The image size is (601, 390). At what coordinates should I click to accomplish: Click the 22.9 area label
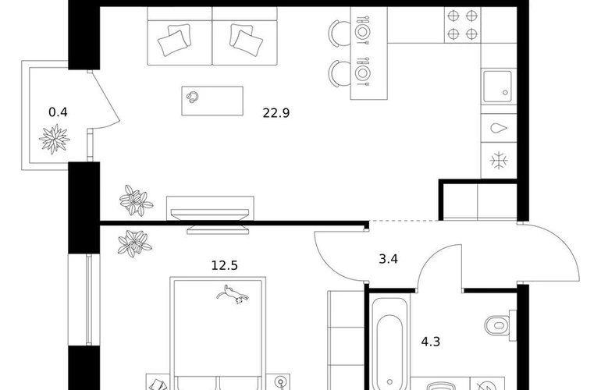click(276, 113)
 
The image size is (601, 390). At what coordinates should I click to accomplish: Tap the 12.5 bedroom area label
click(225, 265)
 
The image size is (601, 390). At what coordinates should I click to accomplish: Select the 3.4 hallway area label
click(388, 259)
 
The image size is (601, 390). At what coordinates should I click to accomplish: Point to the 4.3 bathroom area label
click(431, 342)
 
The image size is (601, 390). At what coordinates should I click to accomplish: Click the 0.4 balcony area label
click(59, 112)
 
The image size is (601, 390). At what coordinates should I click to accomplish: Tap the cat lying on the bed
click(233, 294)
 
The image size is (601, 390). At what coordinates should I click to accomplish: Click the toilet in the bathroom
click(500, 325)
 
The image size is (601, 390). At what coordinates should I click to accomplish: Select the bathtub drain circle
click(389, 382)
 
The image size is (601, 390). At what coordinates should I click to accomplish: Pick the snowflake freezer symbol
click(499, 160)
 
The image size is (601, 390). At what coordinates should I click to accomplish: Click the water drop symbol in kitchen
click(499, 128)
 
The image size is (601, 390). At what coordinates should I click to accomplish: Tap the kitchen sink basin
click(497, 87)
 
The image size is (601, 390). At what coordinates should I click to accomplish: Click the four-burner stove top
click(462, 25)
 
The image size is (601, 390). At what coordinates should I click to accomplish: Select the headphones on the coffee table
click(193, 97)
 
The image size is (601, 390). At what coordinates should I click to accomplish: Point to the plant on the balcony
click(55, 139)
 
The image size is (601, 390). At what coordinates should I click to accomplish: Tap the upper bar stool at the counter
click(340, 34)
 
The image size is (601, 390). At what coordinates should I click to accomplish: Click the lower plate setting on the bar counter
click(363, 72)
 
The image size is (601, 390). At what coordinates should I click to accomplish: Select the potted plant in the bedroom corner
click(134, 243)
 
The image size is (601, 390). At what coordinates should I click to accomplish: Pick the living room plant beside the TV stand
click(136, 200)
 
